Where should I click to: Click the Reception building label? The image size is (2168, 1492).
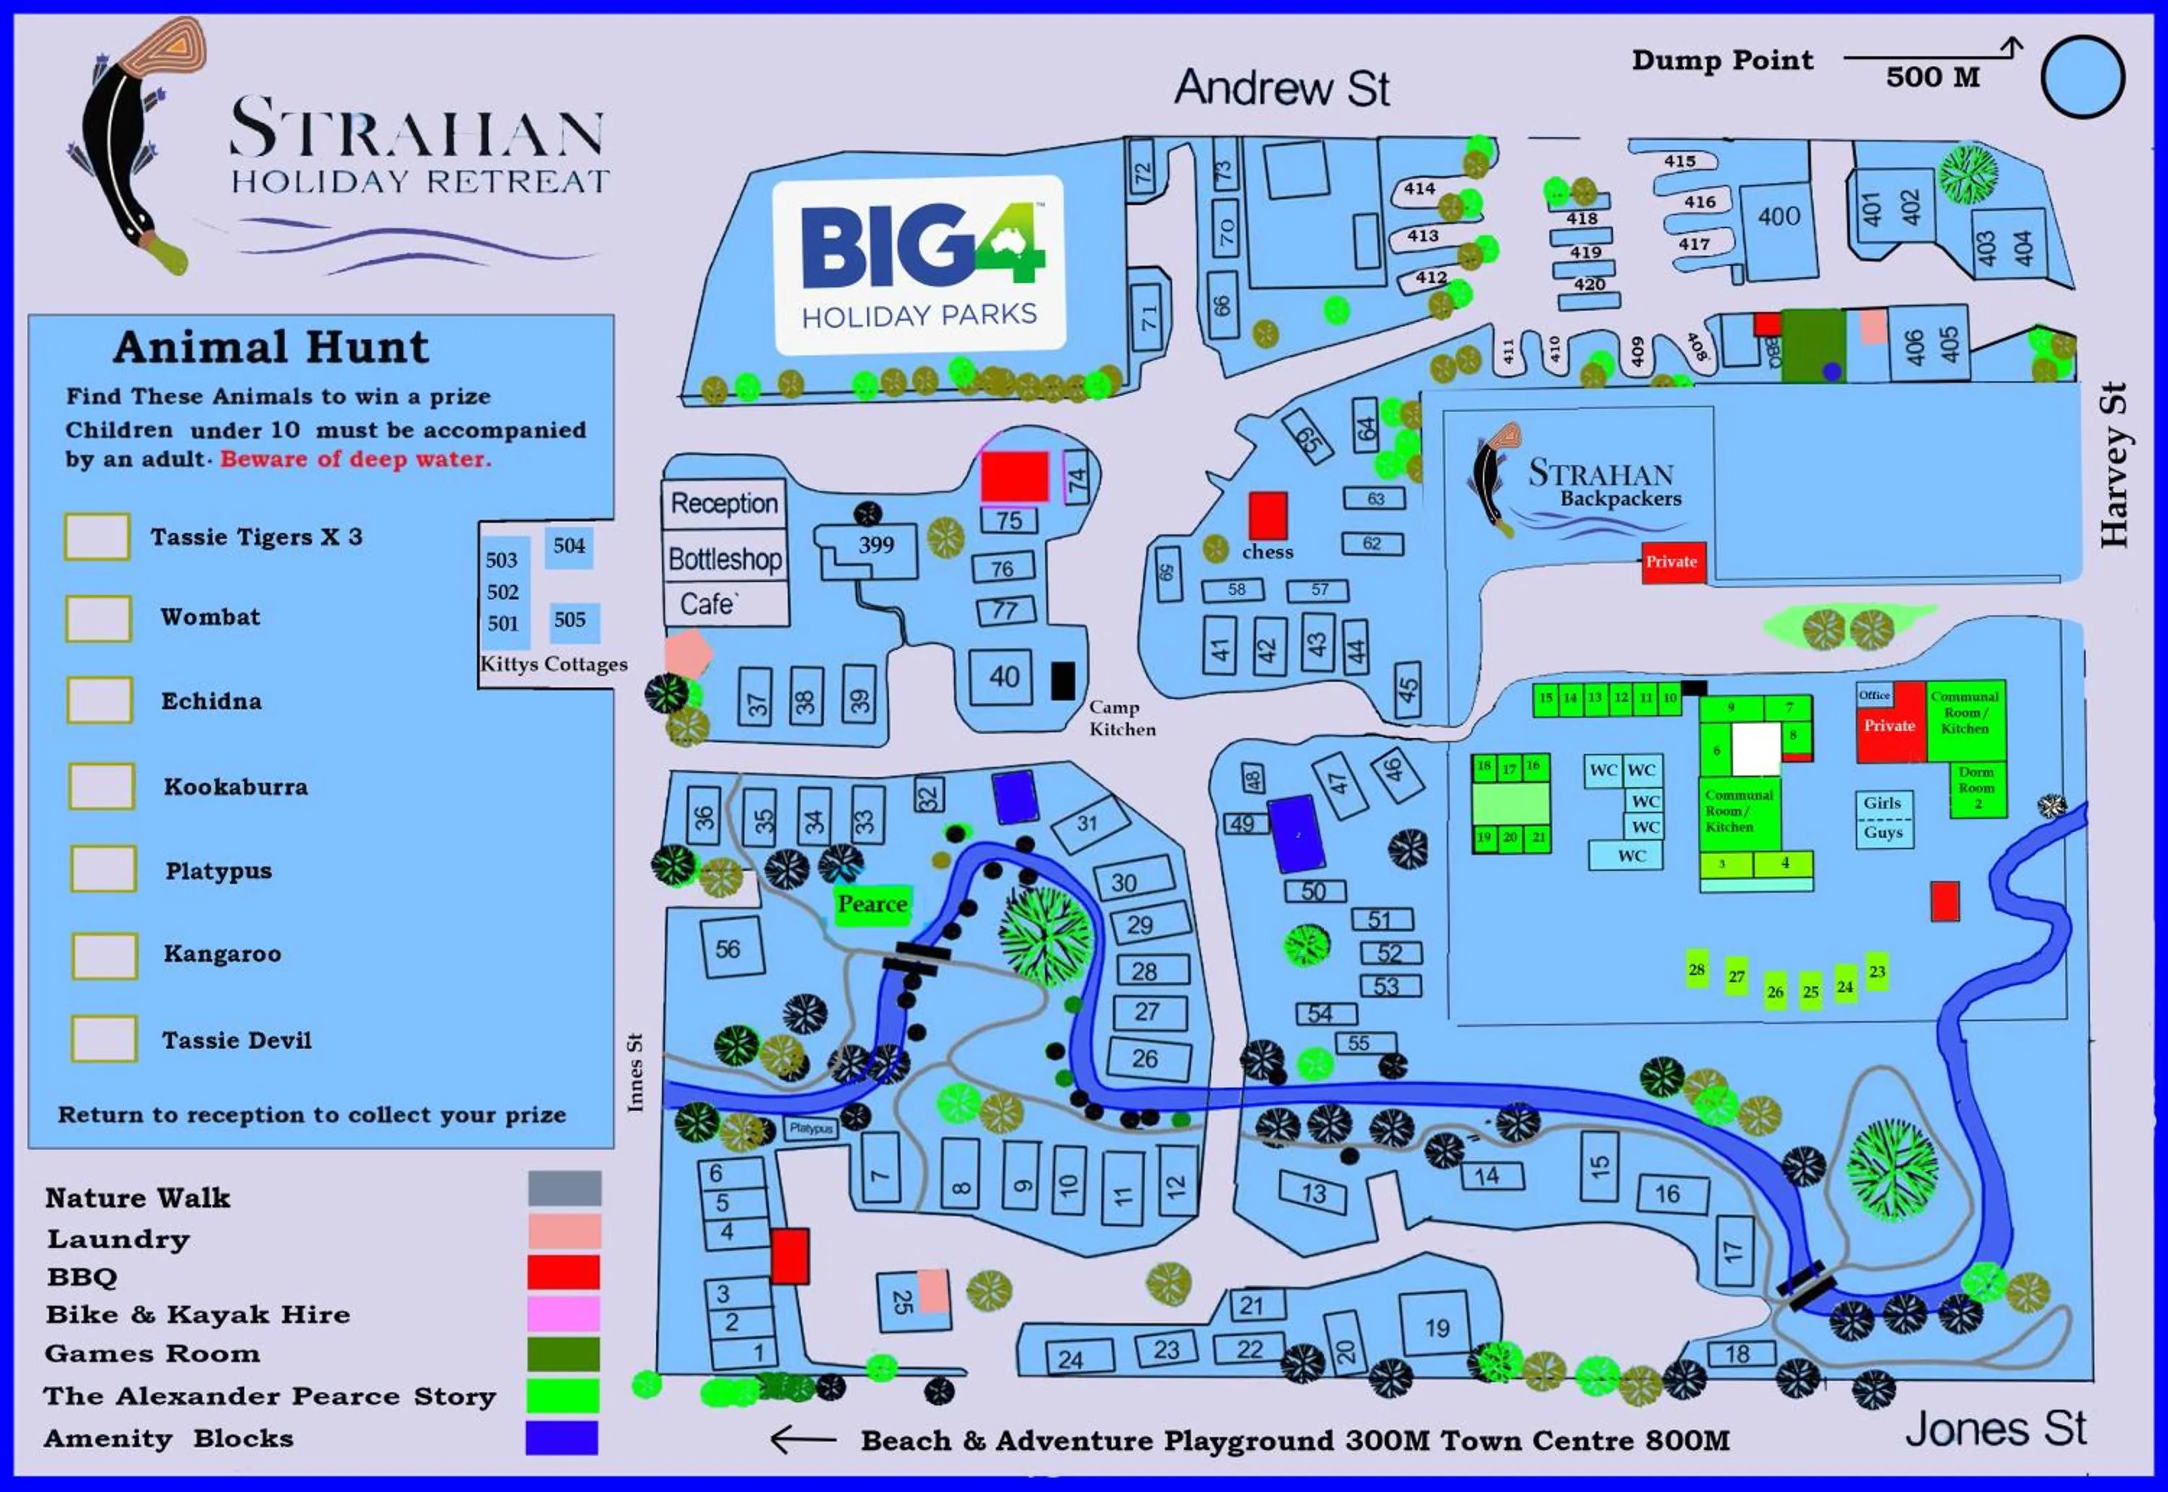tap(724, 503)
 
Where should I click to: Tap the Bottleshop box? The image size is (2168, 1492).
tap(725, 558)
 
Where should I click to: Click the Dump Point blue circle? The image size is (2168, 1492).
tap(2083, 77)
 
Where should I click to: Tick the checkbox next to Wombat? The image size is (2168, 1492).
tap(98, 618)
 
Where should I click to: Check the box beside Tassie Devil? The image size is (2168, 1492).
tap(104, 1038)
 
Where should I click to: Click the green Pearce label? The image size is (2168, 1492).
tap(872, 904)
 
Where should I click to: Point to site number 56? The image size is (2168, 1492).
tap(728, 949)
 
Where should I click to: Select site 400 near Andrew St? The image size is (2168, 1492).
tap(1778, 217)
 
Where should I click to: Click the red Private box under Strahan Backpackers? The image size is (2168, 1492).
tap(1672, 562)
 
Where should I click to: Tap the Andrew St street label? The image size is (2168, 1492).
tap(1281, 88)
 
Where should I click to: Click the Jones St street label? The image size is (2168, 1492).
tap(1996, 1428)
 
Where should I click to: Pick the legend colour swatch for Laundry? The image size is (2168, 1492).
tap(564, 1231)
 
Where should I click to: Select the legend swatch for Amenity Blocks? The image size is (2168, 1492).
tap(562, 1438)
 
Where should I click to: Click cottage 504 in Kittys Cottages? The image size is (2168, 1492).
tap(569, 547)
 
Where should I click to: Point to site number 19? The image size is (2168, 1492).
tap(1437, 1327)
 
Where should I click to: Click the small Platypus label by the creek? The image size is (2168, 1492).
tap(810, 1128)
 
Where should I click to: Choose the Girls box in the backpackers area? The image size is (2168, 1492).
tap(1883, 802)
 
